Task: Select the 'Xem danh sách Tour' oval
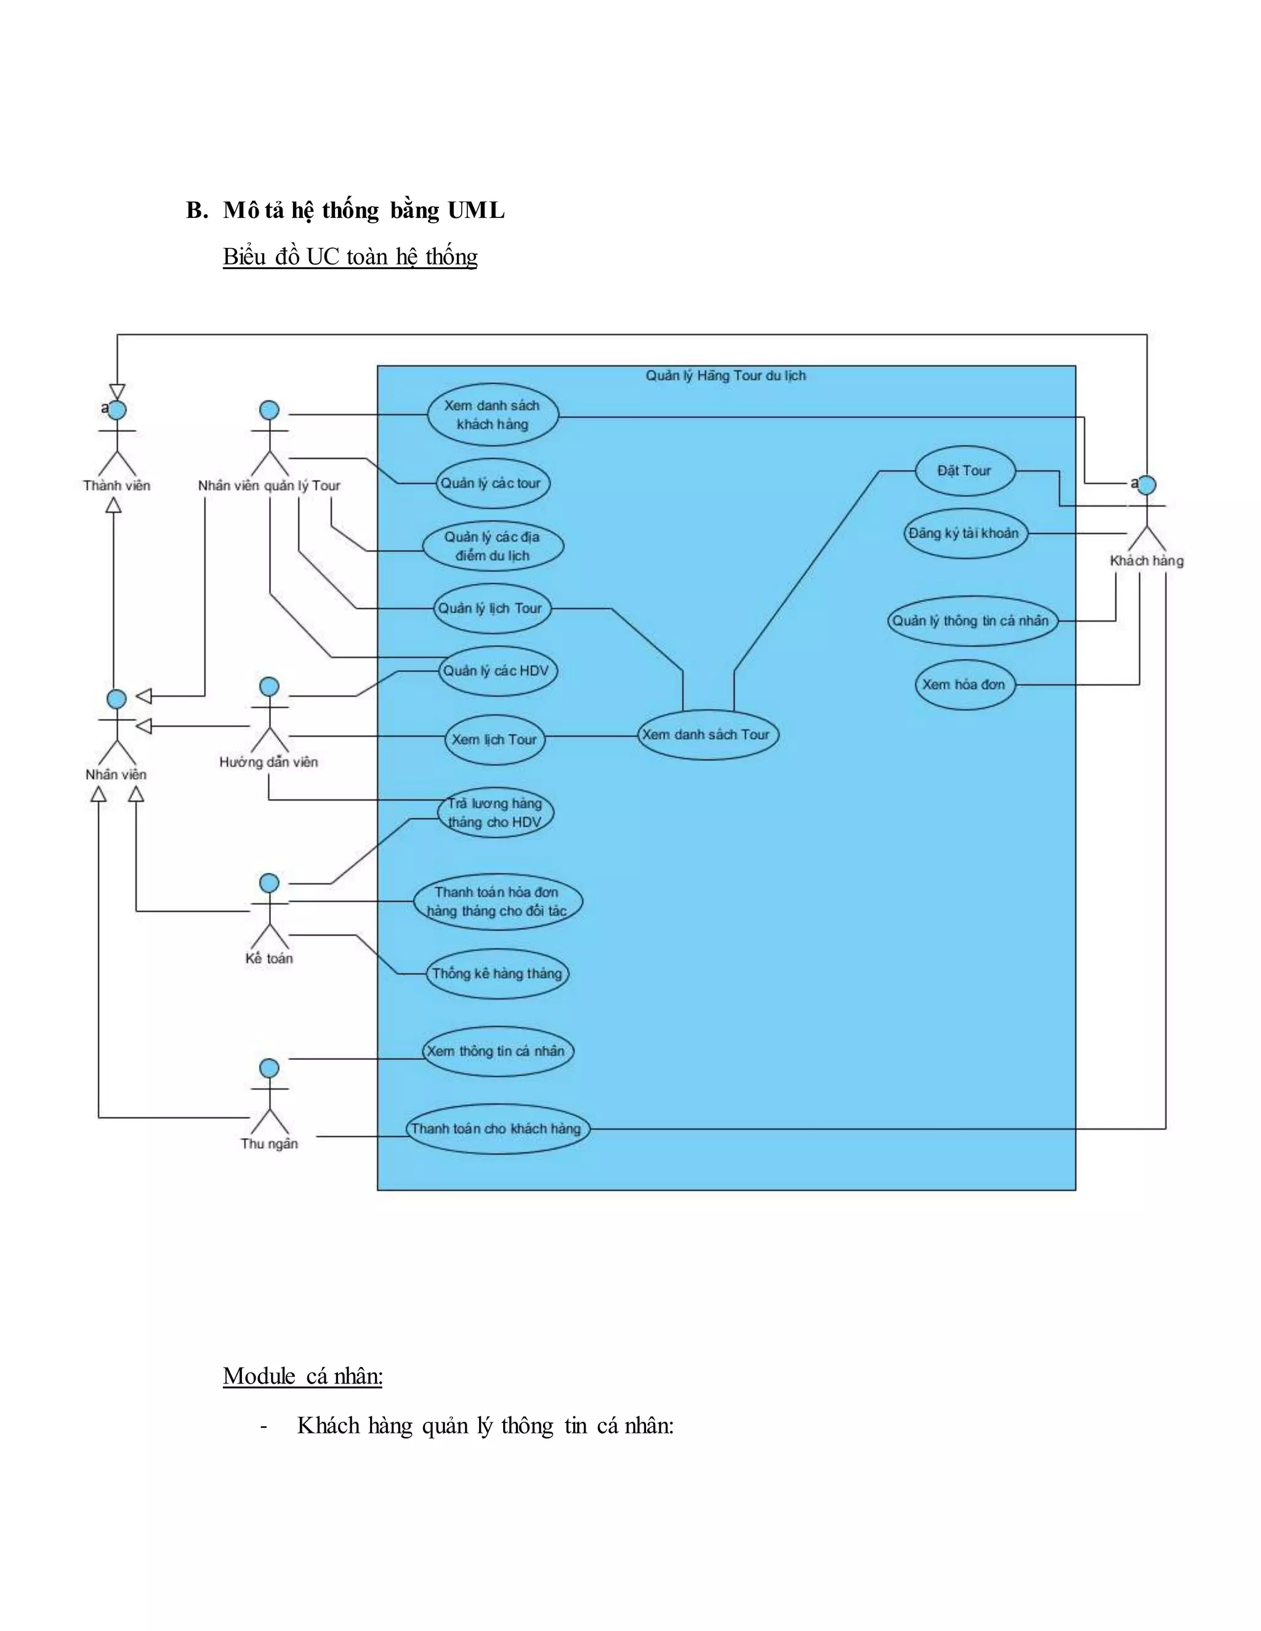coord(707,735)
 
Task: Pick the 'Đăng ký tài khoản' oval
coord(964,533)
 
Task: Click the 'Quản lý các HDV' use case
coord(496,671)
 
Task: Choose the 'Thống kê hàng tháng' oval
coord(497,973)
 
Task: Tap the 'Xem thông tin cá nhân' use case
coord(496,1051)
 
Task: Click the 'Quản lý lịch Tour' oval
coord(491,609)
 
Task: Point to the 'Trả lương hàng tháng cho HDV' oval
coord(494,812)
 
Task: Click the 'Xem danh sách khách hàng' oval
coord(493,415)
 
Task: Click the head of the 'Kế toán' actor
coord(269,883)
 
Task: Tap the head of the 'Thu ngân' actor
coord(269,1068)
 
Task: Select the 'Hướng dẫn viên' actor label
coord(269,762)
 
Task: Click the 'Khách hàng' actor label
coord(1146,561)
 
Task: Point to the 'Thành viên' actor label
coord(116,486)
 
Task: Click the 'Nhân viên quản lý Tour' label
coord(269,486)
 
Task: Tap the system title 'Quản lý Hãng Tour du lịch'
coord(725,375)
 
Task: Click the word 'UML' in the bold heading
coord(476,210)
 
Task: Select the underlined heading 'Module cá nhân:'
coord(302,1376)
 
